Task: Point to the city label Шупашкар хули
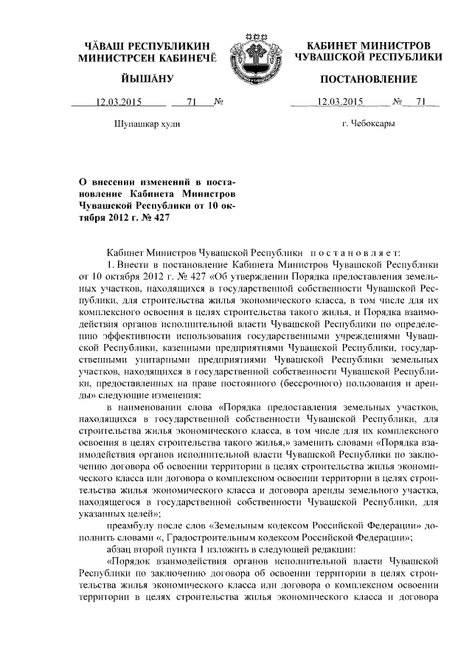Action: (146, 123)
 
